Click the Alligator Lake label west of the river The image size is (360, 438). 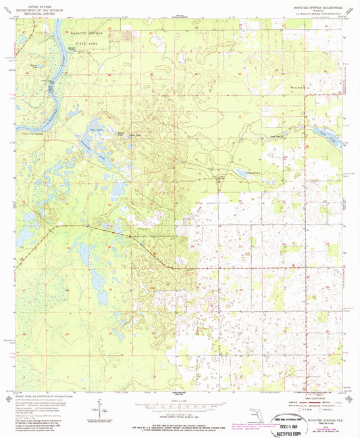(33, 65)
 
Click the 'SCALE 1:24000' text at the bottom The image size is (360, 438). (179, 400)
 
